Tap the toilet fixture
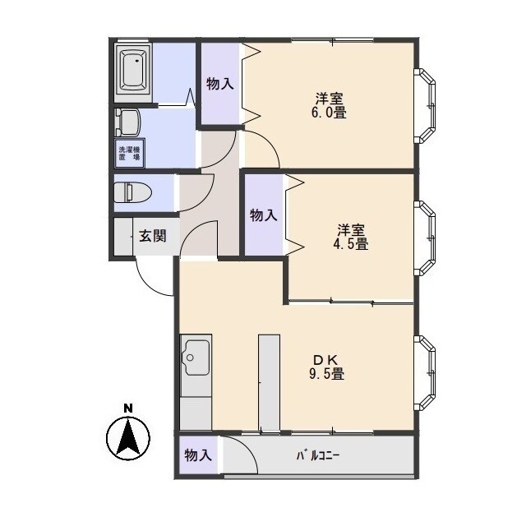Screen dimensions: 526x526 [132, 192]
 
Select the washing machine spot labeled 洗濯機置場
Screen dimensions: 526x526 [130, 153]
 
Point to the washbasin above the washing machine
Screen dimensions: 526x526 [127, 122]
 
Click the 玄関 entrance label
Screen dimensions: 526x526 [153, 236]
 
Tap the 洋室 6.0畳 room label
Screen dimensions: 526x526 [329, 105]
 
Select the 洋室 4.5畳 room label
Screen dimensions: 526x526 [351, 237]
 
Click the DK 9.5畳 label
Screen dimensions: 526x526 [326, 367]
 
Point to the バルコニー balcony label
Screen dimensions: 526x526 [318, 455]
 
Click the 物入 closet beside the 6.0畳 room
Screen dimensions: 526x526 [220, 84]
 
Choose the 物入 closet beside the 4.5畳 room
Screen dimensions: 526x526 [264, 215]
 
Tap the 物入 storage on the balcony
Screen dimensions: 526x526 [198, 455]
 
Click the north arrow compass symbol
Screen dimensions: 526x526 [128, 438]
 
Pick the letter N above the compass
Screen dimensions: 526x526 [128, 408]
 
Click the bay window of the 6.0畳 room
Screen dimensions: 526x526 [425, 106]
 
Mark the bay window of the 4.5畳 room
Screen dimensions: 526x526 [425, 238]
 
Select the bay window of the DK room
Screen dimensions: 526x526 [425, 373]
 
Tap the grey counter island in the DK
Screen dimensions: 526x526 [269, 382]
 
